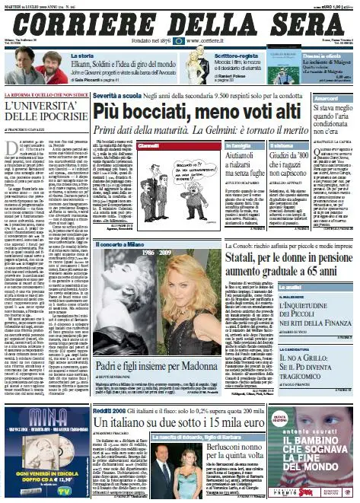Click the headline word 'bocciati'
point(162,113)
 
